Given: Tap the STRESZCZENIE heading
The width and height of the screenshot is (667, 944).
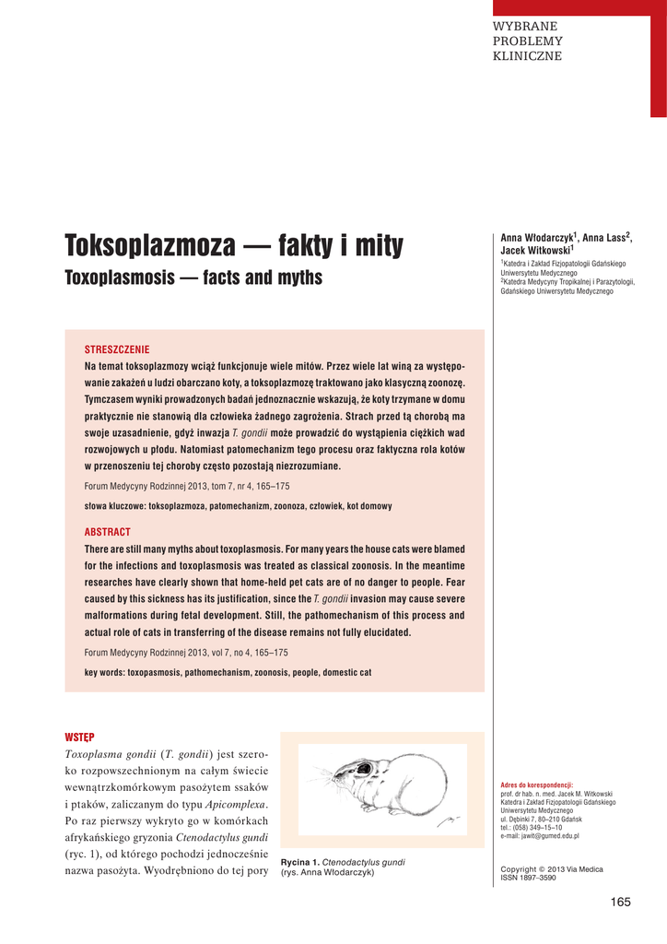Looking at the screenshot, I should point(117,350).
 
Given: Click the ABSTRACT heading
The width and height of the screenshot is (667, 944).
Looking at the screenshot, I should point(108,533).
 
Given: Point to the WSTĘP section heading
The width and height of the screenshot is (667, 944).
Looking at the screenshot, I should point(79,737).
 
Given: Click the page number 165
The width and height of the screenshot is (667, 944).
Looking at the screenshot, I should point(620,902).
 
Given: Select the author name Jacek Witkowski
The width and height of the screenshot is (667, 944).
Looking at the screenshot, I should point(535,249).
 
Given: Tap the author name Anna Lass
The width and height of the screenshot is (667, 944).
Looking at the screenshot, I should point(603,238).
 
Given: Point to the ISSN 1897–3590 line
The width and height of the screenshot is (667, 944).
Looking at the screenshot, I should point(528,879).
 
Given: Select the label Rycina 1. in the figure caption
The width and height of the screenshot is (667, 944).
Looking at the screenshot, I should point(300,862).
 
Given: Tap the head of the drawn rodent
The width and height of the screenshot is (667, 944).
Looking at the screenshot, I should point(343,773).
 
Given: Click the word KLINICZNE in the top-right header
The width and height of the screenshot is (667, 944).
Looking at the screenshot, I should point(528,56).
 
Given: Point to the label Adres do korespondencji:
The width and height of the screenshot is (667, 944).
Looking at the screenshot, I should point(536,785).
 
